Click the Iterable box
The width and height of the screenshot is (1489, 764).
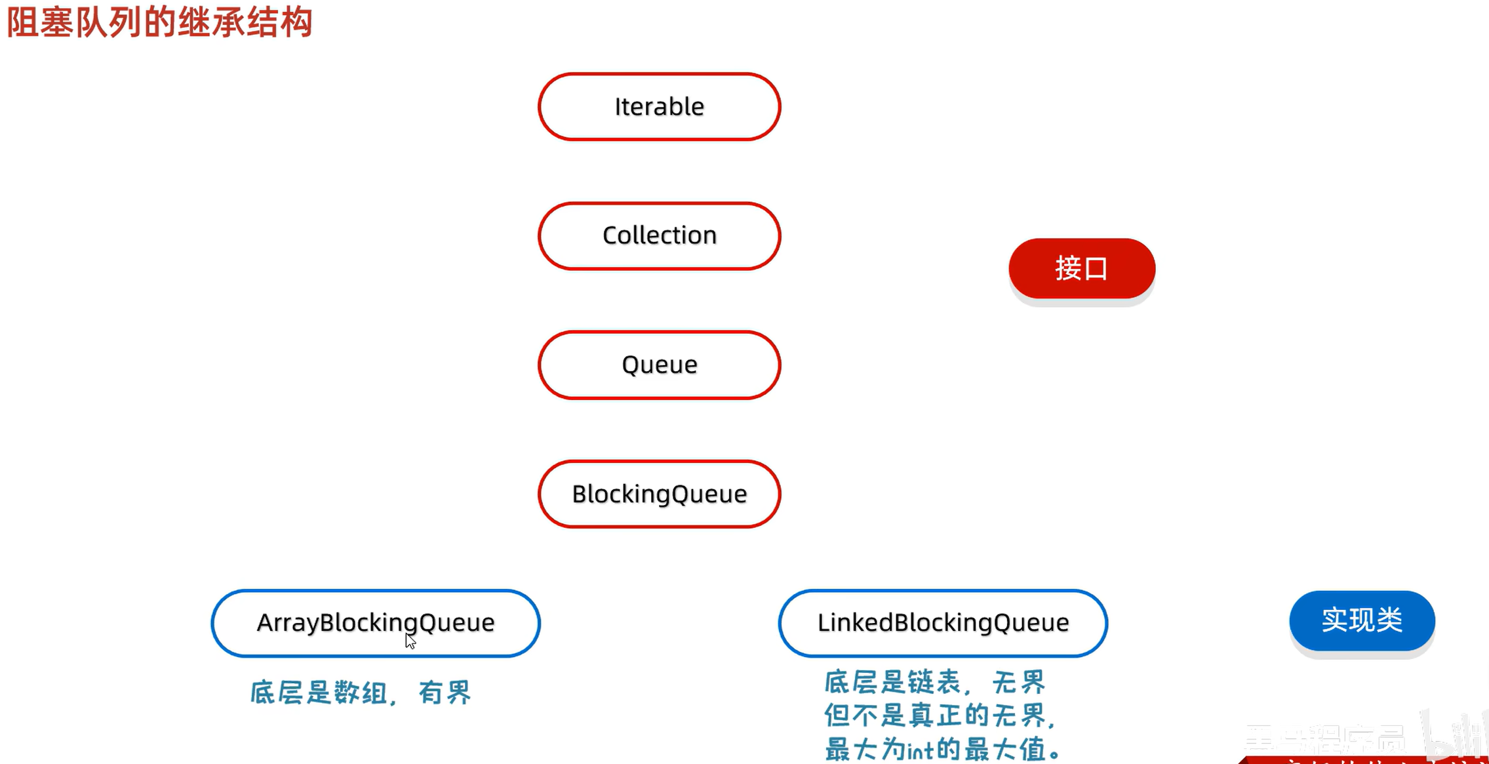[659, 107]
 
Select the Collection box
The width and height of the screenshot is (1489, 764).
[659, 235]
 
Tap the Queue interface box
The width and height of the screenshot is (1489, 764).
[659, 365]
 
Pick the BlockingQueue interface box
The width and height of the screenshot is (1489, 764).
[659, 494]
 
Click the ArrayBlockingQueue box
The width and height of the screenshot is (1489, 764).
[375, 622]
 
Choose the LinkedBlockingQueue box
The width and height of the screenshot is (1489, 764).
[942, 622]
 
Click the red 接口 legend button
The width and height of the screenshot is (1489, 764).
[1081, 268]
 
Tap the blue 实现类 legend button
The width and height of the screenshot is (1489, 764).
[1361, 620]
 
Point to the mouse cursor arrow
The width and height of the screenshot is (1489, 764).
[410, 641]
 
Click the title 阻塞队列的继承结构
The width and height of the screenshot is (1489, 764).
[159, 22]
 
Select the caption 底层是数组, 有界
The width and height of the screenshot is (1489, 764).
[360, 693]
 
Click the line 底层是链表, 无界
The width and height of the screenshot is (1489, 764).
[934, 682]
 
